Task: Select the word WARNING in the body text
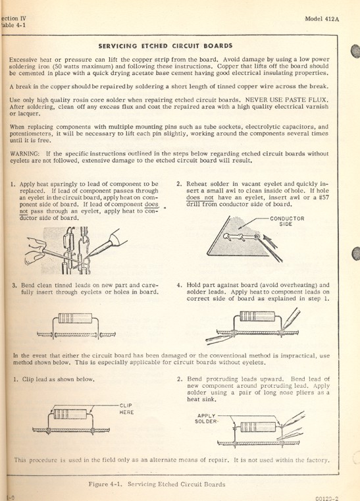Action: click(x=26, y=154)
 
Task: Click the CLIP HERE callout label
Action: click(x=127, y=408)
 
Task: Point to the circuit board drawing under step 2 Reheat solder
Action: click(x=237, y=240)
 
